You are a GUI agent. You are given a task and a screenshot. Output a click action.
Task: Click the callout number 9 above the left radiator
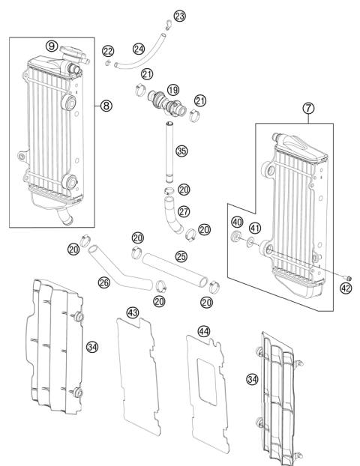51,46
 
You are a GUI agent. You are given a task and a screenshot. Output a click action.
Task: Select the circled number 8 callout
106,106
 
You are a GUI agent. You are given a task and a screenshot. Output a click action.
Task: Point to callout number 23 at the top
178,16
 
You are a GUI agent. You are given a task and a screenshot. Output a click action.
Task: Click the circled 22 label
108,51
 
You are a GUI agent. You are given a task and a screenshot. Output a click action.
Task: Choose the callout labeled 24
138,49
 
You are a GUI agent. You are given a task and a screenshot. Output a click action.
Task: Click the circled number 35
180,151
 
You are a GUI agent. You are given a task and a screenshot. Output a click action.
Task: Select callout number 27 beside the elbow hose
183,212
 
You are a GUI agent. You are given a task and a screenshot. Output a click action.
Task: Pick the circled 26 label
103,282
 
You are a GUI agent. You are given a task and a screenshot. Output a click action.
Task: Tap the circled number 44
203,330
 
